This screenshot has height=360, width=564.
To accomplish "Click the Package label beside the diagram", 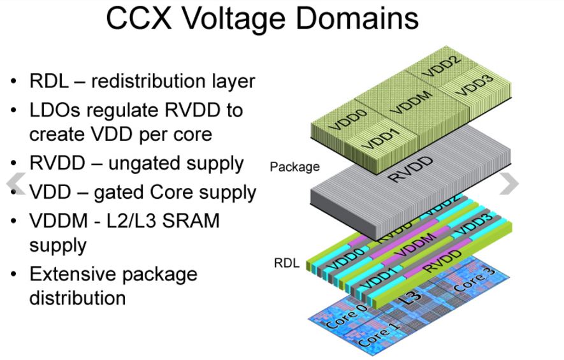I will click(x=294, y=167).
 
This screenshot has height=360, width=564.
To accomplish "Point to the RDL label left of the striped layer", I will click(x=286, y=263).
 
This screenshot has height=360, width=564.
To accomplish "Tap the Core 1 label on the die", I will click(x=380, y=334).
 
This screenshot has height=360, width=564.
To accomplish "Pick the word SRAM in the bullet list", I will click(x=189, y=220).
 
